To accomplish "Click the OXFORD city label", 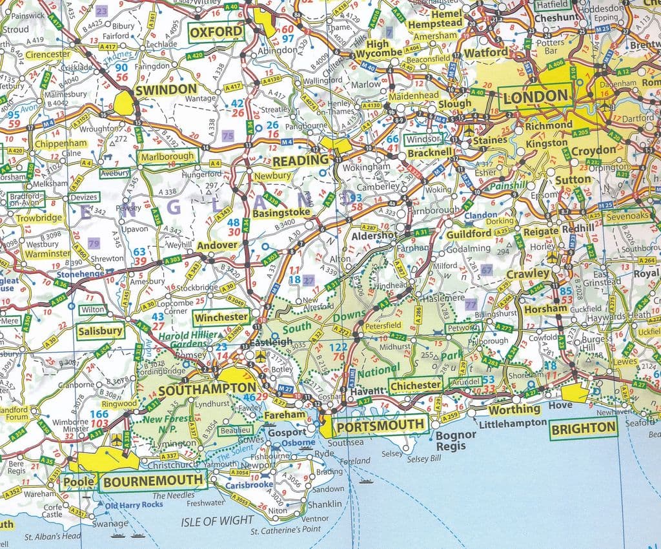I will point(216,32).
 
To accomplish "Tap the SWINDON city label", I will point(166,89).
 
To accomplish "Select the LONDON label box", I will point(536,98).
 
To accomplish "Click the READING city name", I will point(300,160).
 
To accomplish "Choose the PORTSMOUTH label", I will point(381,425).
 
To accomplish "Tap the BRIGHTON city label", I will point(583,428).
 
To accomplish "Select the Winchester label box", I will point(222,317).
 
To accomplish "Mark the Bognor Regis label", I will point(456,440).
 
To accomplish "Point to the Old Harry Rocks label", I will point(134,505).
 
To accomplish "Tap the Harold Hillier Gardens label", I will point(184,340).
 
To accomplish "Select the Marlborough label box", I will point(167,156).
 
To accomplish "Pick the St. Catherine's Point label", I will point(285,530).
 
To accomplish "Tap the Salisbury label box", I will point(100,331).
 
